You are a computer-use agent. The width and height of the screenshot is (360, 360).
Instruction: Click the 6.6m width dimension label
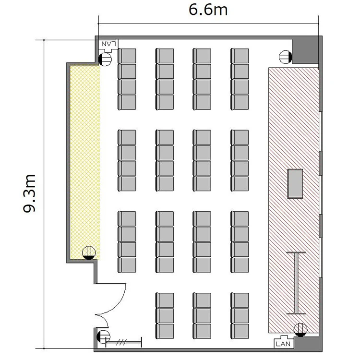208,10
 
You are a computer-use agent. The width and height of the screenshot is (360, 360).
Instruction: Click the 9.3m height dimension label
29,193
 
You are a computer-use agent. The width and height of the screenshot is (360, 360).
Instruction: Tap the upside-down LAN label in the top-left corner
108,43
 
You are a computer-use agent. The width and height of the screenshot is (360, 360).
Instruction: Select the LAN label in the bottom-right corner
283,344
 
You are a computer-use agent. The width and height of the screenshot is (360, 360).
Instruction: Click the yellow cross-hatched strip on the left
84,162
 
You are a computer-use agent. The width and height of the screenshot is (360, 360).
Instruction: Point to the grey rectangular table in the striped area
295,183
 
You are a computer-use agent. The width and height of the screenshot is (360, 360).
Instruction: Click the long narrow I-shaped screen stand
296,283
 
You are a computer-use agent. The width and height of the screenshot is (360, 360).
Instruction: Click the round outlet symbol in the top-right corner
286,57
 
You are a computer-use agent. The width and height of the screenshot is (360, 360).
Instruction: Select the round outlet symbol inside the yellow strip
89,252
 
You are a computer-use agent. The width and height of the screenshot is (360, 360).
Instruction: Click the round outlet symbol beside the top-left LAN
105,59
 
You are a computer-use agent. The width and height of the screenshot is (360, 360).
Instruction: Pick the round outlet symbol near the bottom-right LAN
300,330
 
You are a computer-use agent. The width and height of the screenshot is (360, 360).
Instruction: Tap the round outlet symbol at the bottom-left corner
103,337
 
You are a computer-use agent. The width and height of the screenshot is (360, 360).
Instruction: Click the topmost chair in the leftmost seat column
127,56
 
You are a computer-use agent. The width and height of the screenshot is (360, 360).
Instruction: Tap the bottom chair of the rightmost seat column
240,331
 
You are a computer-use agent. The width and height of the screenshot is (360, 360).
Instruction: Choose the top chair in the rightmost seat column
240,56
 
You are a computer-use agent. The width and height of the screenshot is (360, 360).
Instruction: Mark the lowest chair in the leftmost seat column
127,264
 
